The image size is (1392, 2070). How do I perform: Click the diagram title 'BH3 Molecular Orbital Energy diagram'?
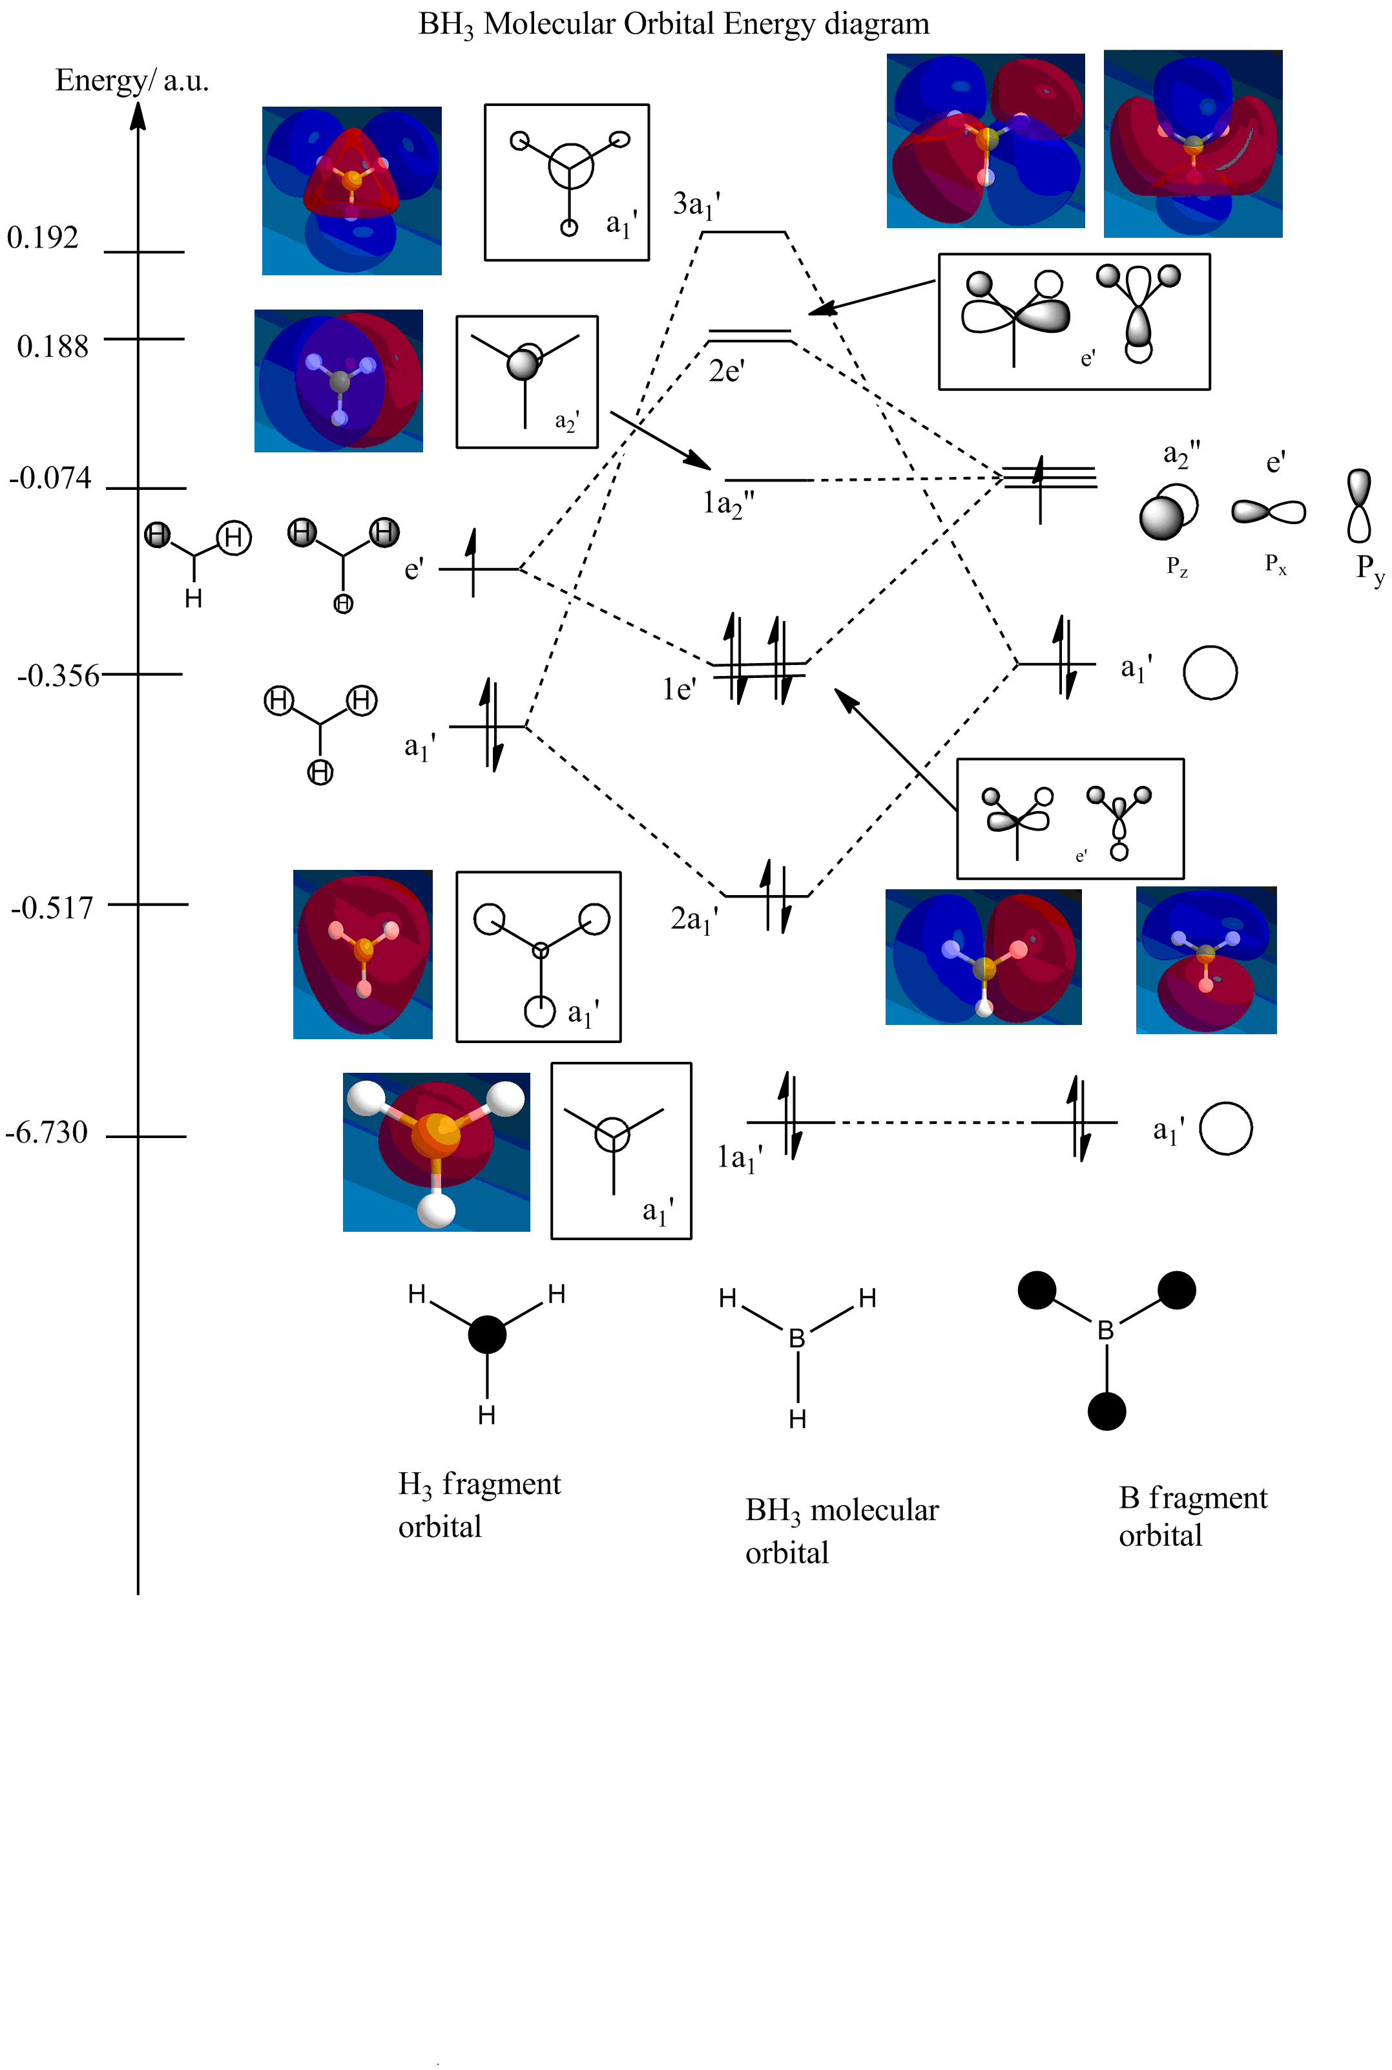[x=674, y=24]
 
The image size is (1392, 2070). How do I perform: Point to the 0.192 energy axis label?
[x=43, y=238]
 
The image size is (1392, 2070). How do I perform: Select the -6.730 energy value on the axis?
[x=47, y=1133]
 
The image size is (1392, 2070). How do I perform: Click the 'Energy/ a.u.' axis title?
[x=131, y=81]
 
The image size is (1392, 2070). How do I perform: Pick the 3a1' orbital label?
[x=696, y=205]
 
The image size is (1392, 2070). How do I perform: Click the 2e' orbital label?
[x=726, y=371]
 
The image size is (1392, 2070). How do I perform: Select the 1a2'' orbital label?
[x=728, y=504]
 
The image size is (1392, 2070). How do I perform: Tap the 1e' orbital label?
[x=679, y=689]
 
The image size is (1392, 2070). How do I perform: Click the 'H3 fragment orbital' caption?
[x=479, y=1505]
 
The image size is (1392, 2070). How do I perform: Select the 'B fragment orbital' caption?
[x=1192, y=1516]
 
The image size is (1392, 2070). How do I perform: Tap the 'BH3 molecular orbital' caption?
[x=841, y=1531]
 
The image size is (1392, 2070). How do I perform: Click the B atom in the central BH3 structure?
[x=797, y=1338]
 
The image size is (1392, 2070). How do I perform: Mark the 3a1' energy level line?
[x=744, y=233]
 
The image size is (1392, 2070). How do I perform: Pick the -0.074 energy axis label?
[x=50, y=479]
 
